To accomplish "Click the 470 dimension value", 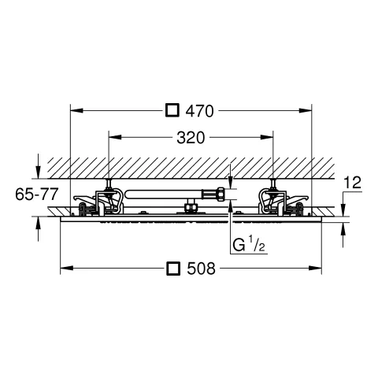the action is [x=199, y=111].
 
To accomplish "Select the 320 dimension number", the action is [x=191, y=138].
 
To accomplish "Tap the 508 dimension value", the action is [x=201, y=269].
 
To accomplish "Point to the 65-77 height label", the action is [x=36, y=195].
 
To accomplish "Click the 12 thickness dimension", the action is [x=353, y=183].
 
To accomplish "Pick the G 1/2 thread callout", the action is [x=249, y=245].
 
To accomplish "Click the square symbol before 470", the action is [x=172, y=110].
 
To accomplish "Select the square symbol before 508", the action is [x=173, y=269].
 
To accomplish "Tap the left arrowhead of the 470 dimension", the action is [x=77, y=110].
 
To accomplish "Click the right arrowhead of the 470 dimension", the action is [x=306, y=110].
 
